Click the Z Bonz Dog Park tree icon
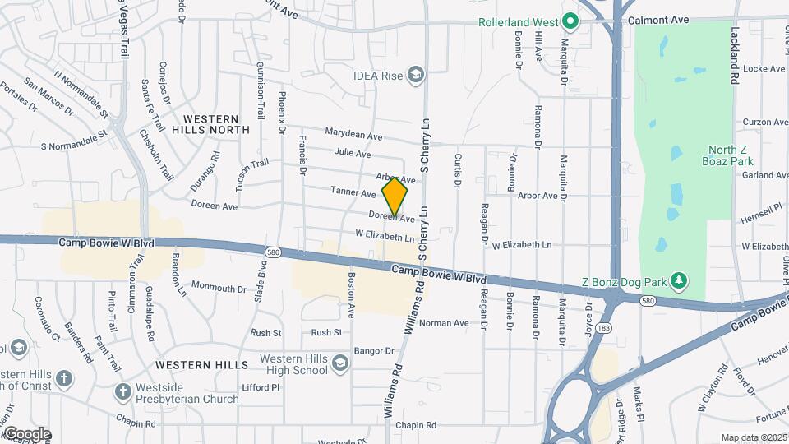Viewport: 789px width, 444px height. coord(678,282)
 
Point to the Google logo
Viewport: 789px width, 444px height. coord(26,434)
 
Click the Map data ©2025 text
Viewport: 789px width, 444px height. coord(754,437)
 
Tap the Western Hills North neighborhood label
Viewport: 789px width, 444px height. coord(210,124)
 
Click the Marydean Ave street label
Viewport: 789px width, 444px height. coord(353,134)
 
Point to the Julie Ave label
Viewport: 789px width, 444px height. coord(353,154)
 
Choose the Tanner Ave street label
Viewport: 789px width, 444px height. coord(353,192)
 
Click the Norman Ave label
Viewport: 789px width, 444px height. coord(444,323)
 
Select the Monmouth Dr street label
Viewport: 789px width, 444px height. coord(219,288)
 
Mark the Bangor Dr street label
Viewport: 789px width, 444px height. coord(376,351)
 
